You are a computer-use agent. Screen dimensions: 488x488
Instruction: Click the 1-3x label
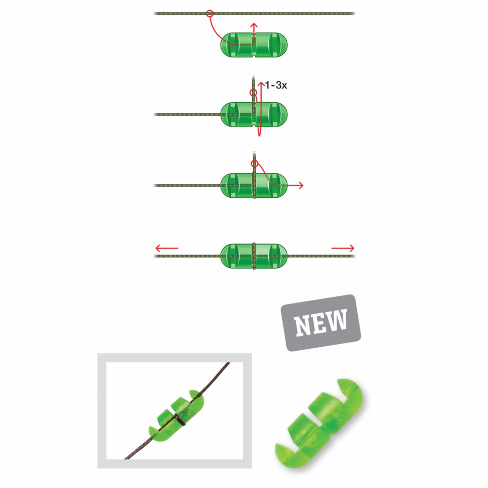pos(276,85)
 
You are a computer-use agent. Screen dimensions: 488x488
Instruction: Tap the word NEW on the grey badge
pos(321,323)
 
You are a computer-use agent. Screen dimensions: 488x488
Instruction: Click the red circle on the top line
pos(210,13)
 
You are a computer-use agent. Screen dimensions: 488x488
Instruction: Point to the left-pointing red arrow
pos(167,248)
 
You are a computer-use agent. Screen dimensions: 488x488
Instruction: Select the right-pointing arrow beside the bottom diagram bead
pos(343,248)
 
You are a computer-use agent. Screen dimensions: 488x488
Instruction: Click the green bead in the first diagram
pos(254,45)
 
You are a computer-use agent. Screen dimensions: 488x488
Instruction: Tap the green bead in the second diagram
pos(254,114)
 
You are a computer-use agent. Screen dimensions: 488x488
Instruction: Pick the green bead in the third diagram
pos(254,186)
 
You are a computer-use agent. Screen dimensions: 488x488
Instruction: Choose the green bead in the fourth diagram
pos(254,256)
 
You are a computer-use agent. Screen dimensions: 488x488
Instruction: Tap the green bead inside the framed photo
pos(177,416)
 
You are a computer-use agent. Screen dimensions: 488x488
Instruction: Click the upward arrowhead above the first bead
pos(254,25)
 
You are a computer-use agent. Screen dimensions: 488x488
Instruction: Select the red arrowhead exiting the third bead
pos(300,186)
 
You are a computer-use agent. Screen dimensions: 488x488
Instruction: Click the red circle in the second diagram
pos(253,93)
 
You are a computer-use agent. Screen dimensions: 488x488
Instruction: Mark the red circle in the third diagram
pos(255,163)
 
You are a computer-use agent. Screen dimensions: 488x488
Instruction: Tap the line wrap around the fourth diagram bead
pos(254,256)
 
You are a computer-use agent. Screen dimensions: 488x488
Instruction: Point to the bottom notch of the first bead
pos(254,56)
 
